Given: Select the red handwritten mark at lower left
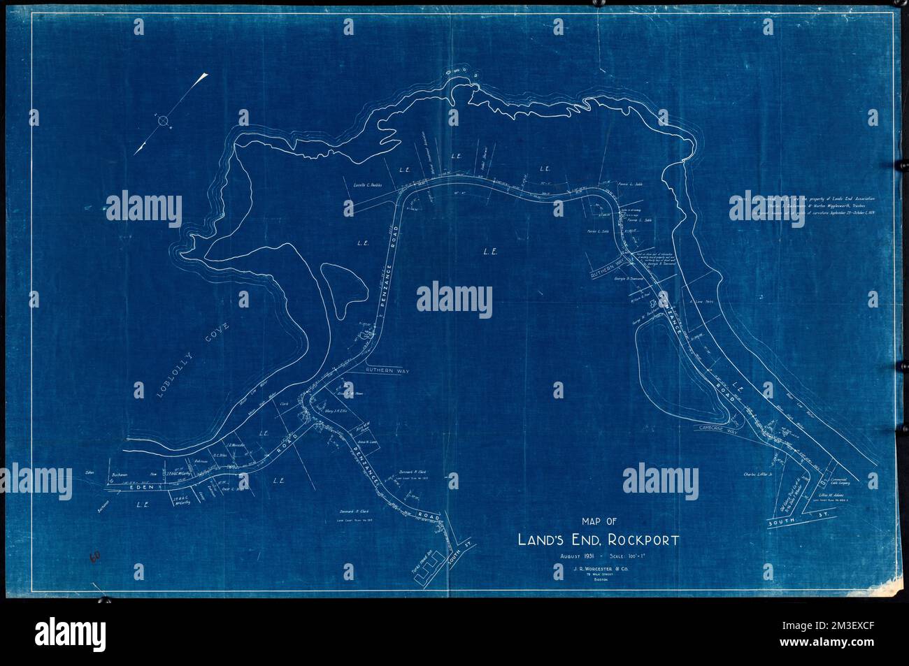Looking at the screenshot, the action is (96, 558).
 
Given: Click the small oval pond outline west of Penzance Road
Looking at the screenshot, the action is (341, 287).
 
